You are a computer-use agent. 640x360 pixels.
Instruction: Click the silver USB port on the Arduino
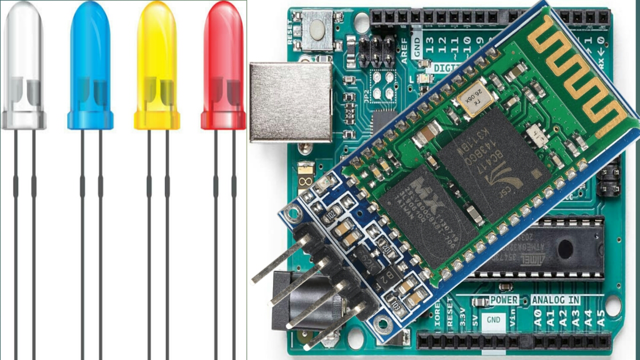(x=290, y=102)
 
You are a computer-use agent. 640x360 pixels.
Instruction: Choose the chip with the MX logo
(x=427, y=215)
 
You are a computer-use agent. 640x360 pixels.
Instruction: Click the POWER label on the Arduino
(x=503, y=300)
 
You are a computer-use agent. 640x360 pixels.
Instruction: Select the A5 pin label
(x=601, y=316)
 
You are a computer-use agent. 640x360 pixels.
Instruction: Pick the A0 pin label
(x=537, y=316)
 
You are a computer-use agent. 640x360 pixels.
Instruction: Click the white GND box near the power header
(x=493, y=319)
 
